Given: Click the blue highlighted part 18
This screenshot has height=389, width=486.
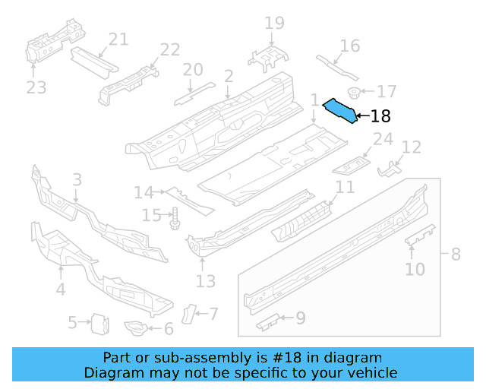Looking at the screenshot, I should click(x=339, y=111).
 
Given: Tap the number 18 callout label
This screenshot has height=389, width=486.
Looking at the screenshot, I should click(x=380, y=116).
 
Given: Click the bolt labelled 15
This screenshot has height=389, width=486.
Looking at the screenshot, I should click(x=174, y=217).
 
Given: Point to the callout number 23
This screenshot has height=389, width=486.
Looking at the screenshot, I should click(x=36, y=87).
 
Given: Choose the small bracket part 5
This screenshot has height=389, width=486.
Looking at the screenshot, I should click(x=98, y=324).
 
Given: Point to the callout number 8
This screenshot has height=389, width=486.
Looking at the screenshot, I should click(x=456, y=255).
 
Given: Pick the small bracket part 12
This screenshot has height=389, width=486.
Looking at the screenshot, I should click(x=390, y=168).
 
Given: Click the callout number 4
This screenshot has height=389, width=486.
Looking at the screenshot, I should click(x=60, y=289).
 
